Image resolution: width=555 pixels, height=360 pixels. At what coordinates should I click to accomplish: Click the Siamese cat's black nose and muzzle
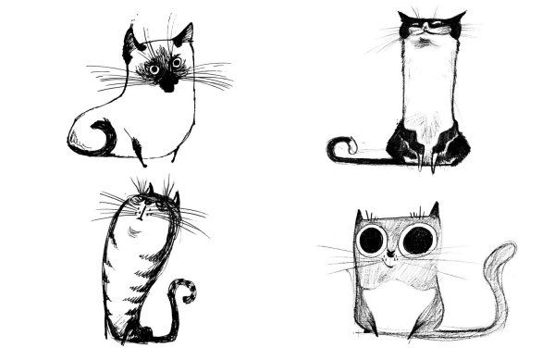[167, 81]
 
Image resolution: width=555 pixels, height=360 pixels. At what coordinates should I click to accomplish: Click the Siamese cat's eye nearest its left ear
[154, 68]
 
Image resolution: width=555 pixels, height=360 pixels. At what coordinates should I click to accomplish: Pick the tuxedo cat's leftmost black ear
[404, 19]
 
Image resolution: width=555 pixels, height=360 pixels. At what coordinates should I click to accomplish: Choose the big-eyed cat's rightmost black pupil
[417, 240]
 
